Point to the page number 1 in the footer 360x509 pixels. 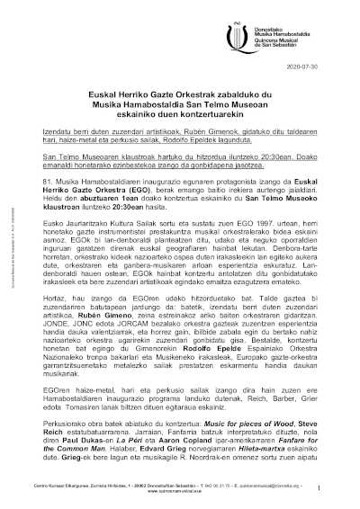coord(319,486)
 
